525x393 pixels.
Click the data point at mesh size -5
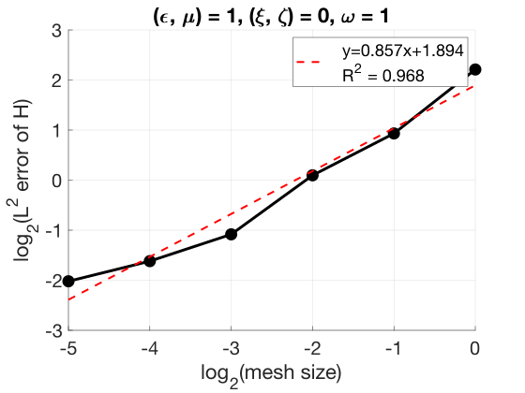click(x=68, y=282)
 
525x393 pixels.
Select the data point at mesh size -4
click(x=150, y=261)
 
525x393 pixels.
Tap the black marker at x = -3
click(x=231, y=234)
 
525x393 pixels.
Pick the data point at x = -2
click(x=312, y=175)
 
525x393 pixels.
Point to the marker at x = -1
click(x=394, y=133)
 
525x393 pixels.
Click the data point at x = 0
click(x=475, y=69)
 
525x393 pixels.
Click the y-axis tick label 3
click(x=57, y=31)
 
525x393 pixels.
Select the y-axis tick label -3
click(x=54, y=331)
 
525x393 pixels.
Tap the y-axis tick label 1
click(x=57, y=131)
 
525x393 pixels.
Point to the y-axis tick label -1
click(x=54, y=230)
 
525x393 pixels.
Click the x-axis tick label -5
click(x=67, y=348)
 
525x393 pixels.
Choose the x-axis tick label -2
click(x=312, y=348)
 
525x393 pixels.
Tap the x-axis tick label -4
click(x=149, y=348)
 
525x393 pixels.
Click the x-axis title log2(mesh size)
click(x=271, y=374)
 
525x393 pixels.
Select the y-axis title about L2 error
click(x=23, y=181)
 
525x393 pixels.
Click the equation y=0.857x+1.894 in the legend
click(x=403, y=51)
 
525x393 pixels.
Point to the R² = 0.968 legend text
click(x=383, y=74)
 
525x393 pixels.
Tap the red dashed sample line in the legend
click(x=308, y=62)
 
